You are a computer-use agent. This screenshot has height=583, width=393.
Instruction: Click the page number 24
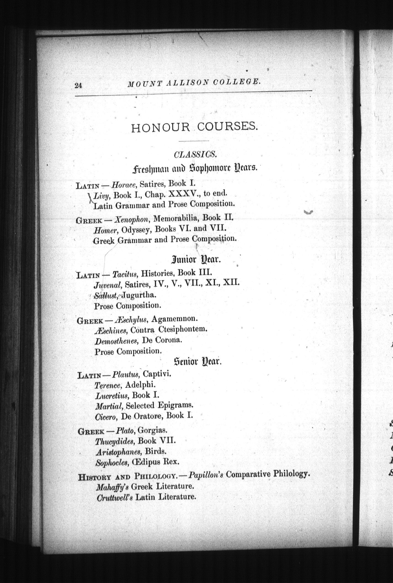click(x=78, y=85)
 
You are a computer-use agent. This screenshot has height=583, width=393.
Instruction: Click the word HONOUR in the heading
click(x=160, y=128)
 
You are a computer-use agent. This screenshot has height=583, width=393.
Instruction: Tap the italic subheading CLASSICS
click(x=195, y=155)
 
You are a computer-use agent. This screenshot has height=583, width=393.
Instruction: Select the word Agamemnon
click(x=174, y=319)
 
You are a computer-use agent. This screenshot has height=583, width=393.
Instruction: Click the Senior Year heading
click(x=198, y=361)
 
